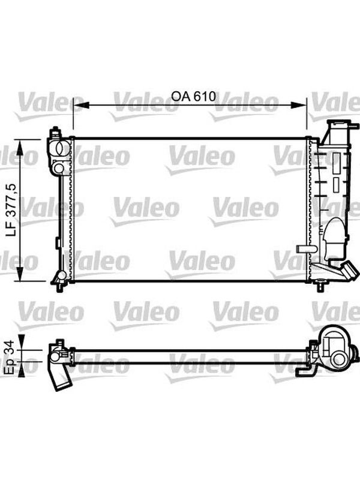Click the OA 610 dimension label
pyautogui.click(x=193, y=97)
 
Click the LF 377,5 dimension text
pyautogui.click(x=11, y=210)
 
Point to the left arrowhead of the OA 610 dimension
pyautogui.click(x=81, y=106)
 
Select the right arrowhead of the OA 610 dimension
pyautogui.click(x=298, y=106)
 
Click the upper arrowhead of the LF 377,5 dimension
pyautogui.click(x=20, y=148)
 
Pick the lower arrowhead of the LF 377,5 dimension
pyautogui.click(x=20, y=274)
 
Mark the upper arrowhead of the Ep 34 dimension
pyautogui.click(x=22, y=342)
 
